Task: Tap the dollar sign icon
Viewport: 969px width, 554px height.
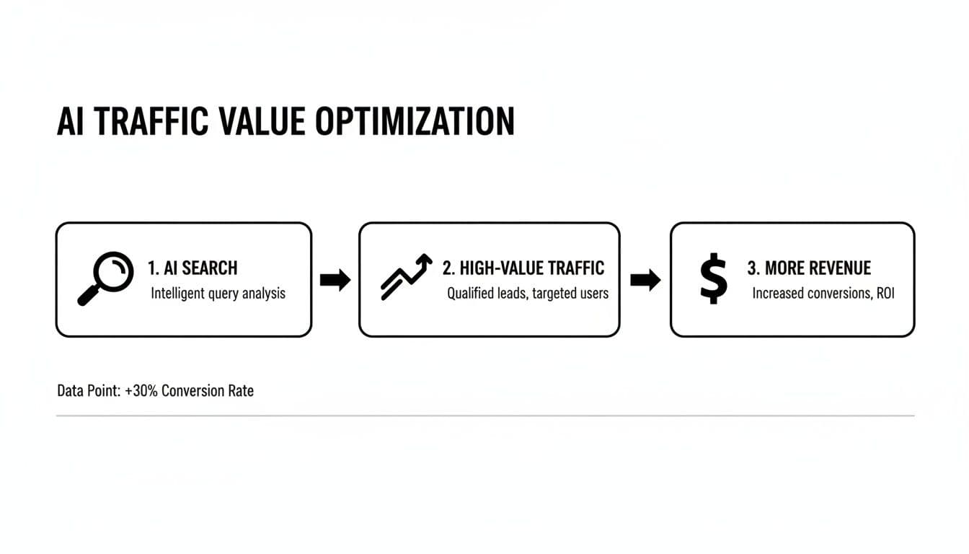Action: coord(713,279)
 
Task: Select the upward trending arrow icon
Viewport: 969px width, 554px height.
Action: coord(406,277)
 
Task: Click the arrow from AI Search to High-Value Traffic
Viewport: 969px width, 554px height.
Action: coord(335,280)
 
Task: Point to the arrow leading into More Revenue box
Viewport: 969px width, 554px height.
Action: coord(645,280)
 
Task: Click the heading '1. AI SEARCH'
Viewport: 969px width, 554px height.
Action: coord(192,268)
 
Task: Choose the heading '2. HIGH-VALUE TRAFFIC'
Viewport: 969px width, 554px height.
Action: coord(523,268)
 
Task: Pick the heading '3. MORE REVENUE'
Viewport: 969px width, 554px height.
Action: coord(809,268)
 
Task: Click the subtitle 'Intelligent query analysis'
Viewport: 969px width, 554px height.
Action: coord(218,294)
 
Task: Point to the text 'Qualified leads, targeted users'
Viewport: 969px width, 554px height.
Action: coord(528,294)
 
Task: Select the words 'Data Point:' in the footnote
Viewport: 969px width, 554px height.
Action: coord(86,391)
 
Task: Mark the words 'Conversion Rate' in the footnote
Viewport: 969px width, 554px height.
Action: coord(208,391)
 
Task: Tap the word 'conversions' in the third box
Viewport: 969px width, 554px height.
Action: coord(831,294)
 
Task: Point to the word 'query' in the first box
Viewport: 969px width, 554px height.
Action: coord(223,294)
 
